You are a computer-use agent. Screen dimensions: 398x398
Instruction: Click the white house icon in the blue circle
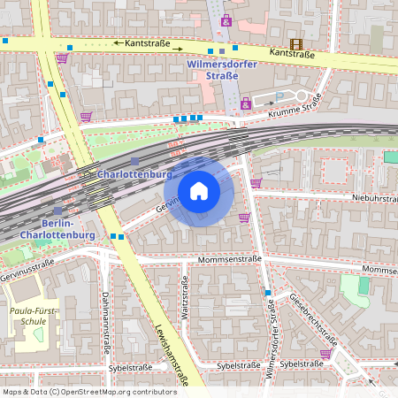point(198,191)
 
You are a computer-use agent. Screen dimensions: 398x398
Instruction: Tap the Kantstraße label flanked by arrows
point(148,42)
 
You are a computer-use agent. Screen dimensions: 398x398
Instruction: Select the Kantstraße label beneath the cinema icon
point(293,53)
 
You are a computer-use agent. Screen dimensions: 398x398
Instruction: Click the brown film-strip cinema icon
point(295,43)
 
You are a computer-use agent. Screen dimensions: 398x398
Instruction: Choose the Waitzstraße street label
point(185,299)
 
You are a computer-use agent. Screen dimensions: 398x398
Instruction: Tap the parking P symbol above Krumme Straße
point(280,96)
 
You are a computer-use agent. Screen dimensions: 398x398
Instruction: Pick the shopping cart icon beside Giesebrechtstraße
point(325,354)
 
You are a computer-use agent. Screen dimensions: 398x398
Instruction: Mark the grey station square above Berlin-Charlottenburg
point(57,210)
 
